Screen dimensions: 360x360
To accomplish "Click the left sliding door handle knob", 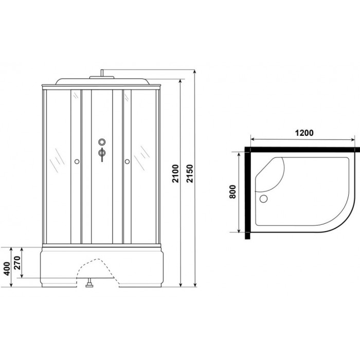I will click(x=77, y=162).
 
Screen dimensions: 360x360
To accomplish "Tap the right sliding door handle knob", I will click(x=126, y=162).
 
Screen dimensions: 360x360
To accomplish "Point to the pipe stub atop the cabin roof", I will click(x=102, y=74).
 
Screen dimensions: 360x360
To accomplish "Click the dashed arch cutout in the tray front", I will click(x=102, y=262).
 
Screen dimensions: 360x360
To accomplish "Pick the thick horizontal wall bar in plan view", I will click(x=303, y=149).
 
